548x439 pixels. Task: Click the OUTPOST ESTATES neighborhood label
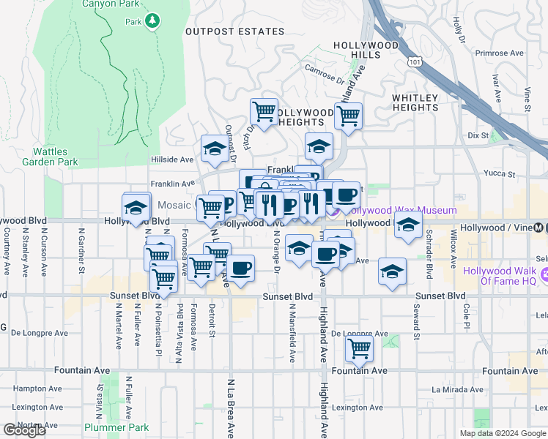(234, 31)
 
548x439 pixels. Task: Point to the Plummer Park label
(116, 427)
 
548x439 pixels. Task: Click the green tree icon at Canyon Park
(152, 21)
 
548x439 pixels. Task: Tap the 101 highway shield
(415, 62)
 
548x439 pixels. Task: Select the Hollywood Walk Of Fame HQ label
(506, 276)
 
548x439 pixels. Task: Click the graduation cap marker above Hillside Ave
(215, 148)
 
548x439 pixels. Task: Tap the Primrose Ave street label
(500, 53)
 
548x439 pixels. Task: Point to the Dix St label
(478, 135)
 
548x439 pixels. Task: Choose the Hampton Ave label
(30, 389)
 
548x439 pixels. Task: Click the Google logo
(24, 430)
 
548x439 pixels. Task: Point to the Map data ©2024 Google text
(503, 433)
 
